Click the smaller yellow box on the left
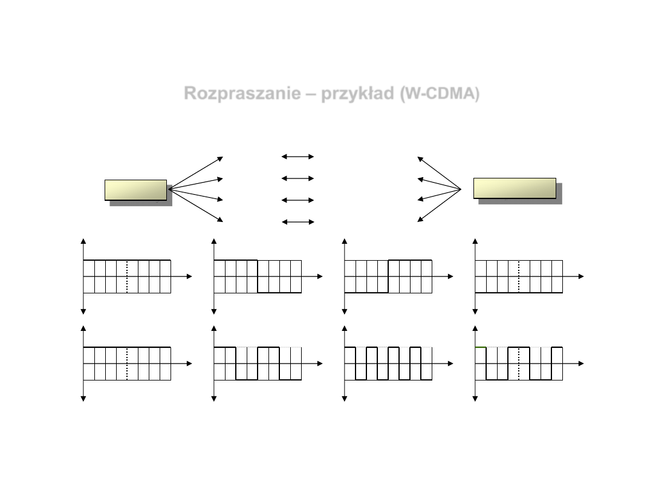pos(135,189)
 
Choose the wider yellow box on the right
pos(515,188)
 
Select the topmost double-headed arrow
pos(297,157)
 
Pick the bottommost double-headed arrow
pos(297,222)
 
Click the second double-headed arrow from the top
pos(297,178)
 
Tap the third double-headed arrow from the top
pos(297,200)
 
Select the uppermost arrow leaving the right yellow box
pos(439,173)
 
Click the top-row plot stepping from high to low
pos(258,276)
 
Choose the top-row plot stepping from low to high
pos(388,276)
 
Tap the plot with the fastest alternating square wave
pos(388,364)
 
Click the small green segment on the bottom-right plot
pos(481,347)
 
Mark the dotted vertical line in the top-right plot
pos(519,276)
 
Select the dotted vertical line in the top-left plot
pos(127,276)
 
